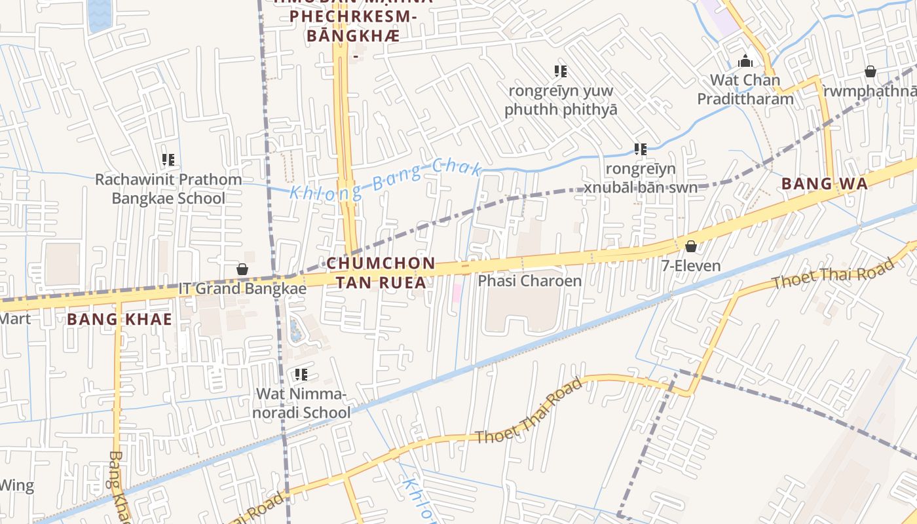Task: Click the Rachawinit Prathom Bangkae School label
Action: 168,189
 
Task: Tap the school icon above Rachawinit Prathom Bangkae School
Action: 168,159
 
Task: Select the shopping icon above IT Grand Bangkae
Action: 242,269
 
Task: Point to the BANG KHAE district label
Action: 120,320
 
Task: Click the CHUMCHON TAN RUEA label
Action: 381,272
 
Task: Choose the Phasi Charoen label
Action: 529,281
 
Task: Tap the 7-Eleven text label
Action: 690,266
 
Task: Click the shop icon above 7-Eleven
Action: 690,246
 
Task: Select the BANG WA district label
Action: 825,184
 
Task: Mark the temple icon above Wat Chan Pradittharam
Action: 745,62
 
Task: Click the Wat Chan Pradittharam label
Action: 745,90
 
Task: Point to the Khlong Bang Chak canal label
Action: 385,179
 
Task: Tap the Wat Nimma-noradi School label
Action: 303,403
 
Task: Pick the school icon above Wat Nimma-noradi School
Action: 301,375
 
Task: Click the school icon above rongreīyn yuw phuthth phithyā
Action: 560,71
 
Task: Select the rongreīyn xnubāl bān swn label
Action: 640,178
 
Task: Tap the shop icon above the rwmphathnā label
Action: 870,71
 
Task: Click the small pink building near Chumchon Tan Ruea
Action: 457,293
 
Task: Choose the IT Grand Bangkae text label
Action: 242,289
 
